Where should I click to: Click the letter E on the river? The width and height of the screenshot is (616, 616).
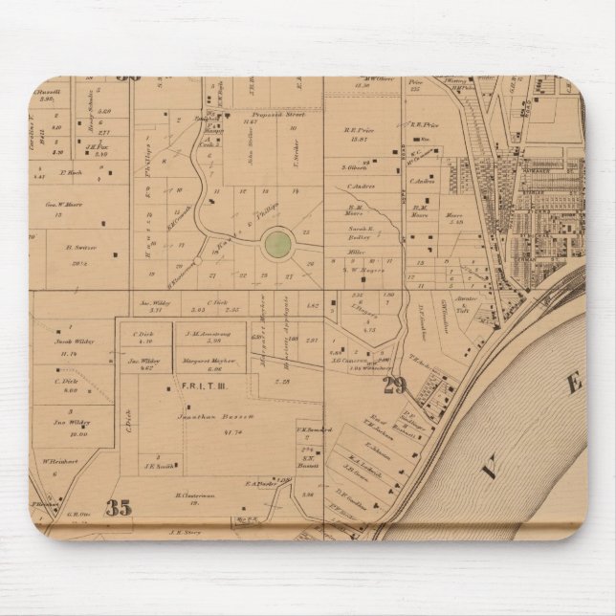pos(574,385)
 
